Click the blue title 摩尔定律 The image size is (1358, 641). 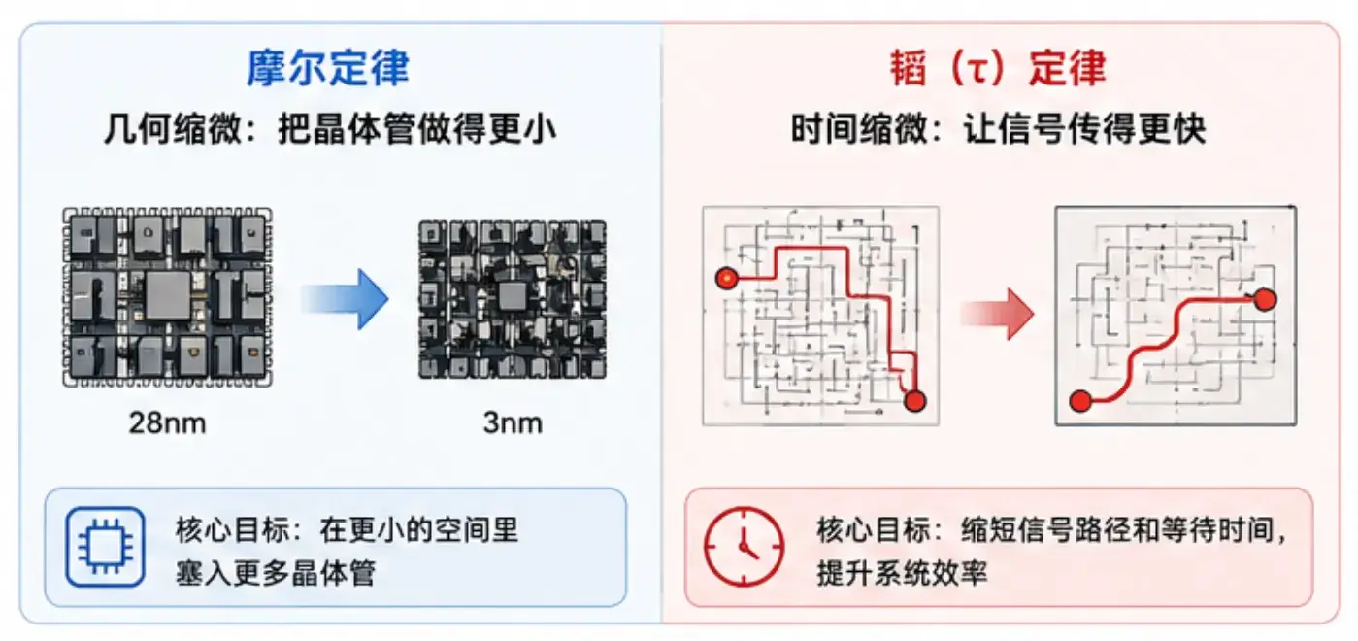[328, 67]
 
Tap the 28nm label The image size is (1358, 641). [167, 422]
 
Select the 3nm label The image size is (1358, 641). [513, 422]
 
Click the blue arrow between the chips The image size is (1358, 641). [345, 299]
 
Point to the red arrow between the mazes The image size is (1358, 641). [998, 314]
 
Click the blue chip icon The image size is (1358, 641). [106, 547]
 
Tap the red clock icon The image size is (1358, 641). [744, 547]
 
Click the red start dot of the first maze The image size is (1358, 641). [727, 279]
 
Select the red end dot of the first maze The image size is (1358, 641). [914, 401]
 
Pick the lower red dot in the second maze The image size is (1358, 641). [1080, 401]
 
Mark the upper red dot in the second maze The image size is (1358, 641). [1265, 299]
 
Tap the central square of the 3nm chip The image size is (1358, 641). [513, 297]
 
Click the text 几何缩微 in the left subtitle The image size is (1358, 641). [173, 128]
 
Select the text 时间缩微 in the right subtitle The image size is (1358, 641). [860, 128]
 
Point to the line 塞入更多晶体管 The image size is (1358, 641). [276, 572]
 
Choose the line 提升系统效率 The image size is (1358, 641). [902, 572]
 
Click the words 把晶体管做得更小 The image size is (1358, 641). [417, 128]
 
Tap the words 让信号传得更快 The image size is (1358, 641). [1084, 128]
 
